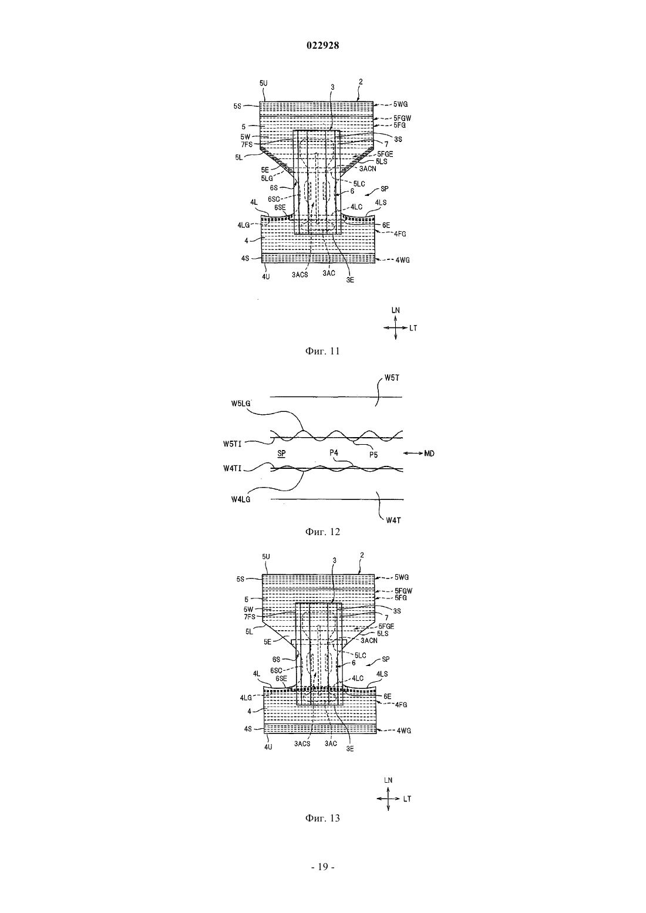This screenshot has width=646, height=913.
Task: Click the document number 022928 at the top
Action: (x=322, y=46)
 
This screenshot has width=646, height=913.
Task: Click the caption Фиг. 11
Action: (x=322, y=351)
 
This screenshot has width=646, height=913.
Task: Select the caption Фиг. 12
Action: (x=322, y=532)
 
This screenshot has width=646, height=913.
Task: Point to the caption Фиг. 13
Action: (x=322, y=818)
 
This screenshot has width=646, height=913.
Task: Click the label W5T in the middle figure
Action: (x=392, y=378)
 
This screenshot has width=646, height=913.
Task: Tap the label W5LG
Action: (x=241, y=404)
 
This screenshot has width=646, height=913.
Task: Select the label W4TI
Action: (x=233, y=468)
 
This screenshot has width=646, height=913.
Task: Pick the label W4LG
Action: (x=241, y=500)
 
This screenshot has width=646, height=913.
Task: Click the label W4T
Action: (x=393, y=520)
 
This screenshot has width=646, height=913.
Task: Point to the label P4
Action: (x=334, y=453)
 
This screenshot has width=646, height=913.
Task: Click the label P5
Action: (x=374, y=455)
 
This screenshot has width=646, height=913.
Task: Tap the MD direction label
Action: (x=429, y=453)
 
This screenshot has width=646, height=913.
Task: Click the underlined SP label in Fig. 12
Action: (x=281, y=453)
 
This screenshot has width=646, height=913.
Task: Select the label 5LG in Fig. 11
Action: (x=267, y=178)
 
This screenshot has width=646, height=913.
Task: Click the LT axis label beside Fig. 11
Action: (x=413, y=327)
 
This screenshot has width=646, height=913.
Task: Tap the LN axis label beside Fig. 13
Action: (x=388, y=780)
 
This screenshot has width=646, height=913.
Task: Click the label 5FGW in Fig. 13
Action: (x=402, y=591)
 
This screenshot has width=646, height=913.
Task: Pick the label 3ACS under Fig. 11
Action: (x=300, y=275)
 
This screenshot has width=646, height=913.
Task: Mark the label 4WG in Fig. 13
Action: (x=404, y=731)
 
